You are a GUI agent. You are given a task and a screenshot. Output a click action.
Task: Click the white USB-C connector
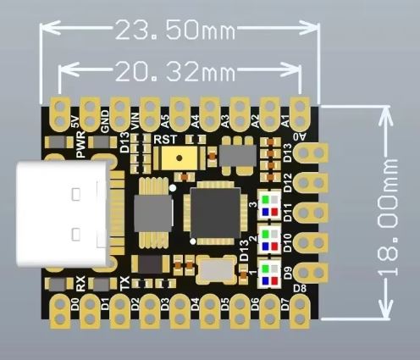[x=63, y=217]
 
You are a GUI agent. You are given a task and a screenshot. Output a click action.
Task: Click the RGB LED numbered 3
[x=269, y=204]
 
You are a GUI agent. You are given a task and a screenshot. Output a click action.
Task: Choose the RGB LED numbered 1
[x=269, y=273]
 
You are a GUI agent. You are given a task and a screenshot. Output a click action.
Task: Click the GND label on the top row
[x=104, y=122]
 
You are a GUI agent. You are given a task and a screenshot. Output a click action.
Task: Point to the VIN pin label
[x=135, y=122]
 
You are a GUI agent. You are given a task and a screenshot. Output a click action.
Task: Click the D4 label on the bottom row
[x=194, y=302]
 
